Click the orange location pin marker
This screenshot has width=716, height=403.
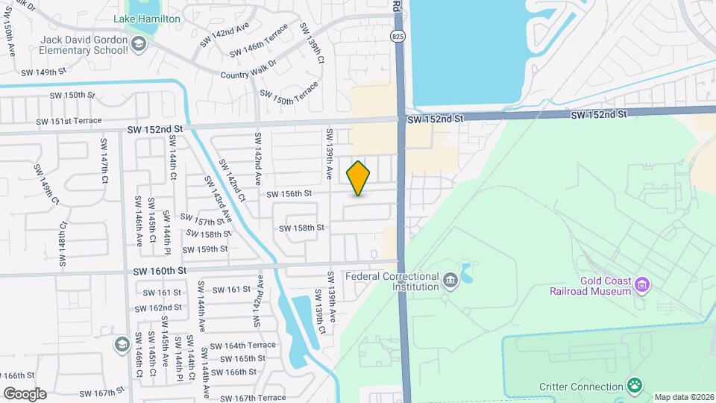point(358,178)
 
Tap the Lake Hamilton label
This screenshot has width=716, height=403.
point(147,18)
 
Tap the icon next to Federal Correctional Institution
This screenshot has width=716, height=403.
point(450,281)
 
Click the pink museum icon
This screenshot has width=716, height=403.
point(641,284)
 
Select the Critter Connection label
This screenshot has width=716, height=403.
point(580,387)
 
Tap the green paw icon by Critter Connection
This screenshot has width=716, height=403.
point(635,386)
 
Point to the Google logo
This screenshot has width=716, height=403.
point(25,393)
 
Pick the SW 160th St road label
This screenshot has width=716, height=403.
point(160,270)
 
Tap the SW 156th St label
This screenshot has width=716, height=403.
point(289,194)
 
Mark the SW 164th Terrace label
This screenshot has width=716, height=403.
point(242,346)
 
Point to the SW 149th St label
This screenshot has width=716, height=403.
point(44,72)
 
